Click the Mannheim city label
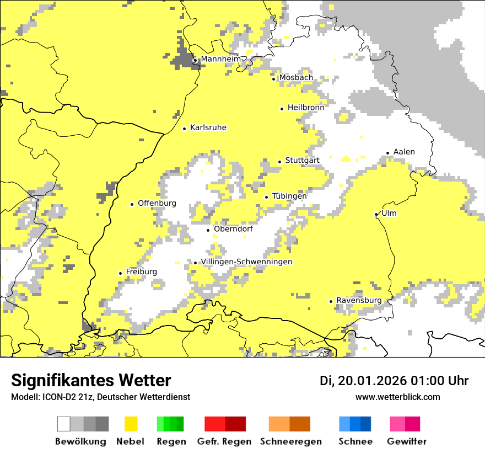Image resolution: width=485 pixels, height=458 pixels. [221, 59]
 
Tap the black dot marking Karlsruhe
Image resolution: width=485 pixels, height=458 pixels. [185, 129]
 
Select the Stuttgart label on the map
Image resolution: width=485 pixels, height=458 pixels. [302, 161]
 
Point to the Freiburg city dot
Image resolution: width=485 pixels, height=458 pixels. [121, 273]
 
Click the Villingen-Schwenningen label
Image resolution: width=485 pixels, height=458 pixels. [246, 262]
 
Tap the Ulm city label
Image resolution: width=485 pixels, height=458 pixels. [389, 214]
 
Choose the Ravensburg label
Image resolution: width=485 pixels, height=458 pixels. [359, 301]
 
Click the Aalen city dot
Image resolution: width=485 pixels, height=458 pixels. [388, 153]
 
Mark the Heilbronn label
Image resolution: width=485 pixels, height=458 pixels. [306, 108]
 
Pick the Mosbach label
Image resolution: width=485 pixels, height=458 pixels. [295, 78]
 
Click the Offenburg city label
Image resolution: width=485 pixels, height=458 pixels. [157, 203]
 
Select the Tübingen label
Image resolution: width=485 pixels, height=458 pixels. [289, 196]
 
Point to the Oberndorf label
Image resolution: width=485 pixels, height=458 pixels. [233, 229]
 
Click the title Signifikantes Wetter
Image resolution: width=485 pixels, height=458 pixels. [91, 380]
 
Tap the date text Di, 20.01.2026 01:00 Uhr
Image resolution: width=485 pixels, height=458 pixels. [394, 381]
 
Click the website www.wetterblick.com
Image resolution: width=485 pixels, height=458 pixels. [397, 397]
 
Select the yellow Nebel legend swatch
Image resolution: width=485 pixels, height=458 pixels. [131, 424]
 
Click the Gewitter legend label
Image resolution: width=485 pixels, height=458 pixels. [406, 441]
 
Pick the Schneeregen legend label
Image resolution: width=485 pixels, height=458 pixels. [290, 441]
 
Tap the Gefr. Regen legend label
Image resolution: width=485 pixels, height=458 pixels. [224, 441]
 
